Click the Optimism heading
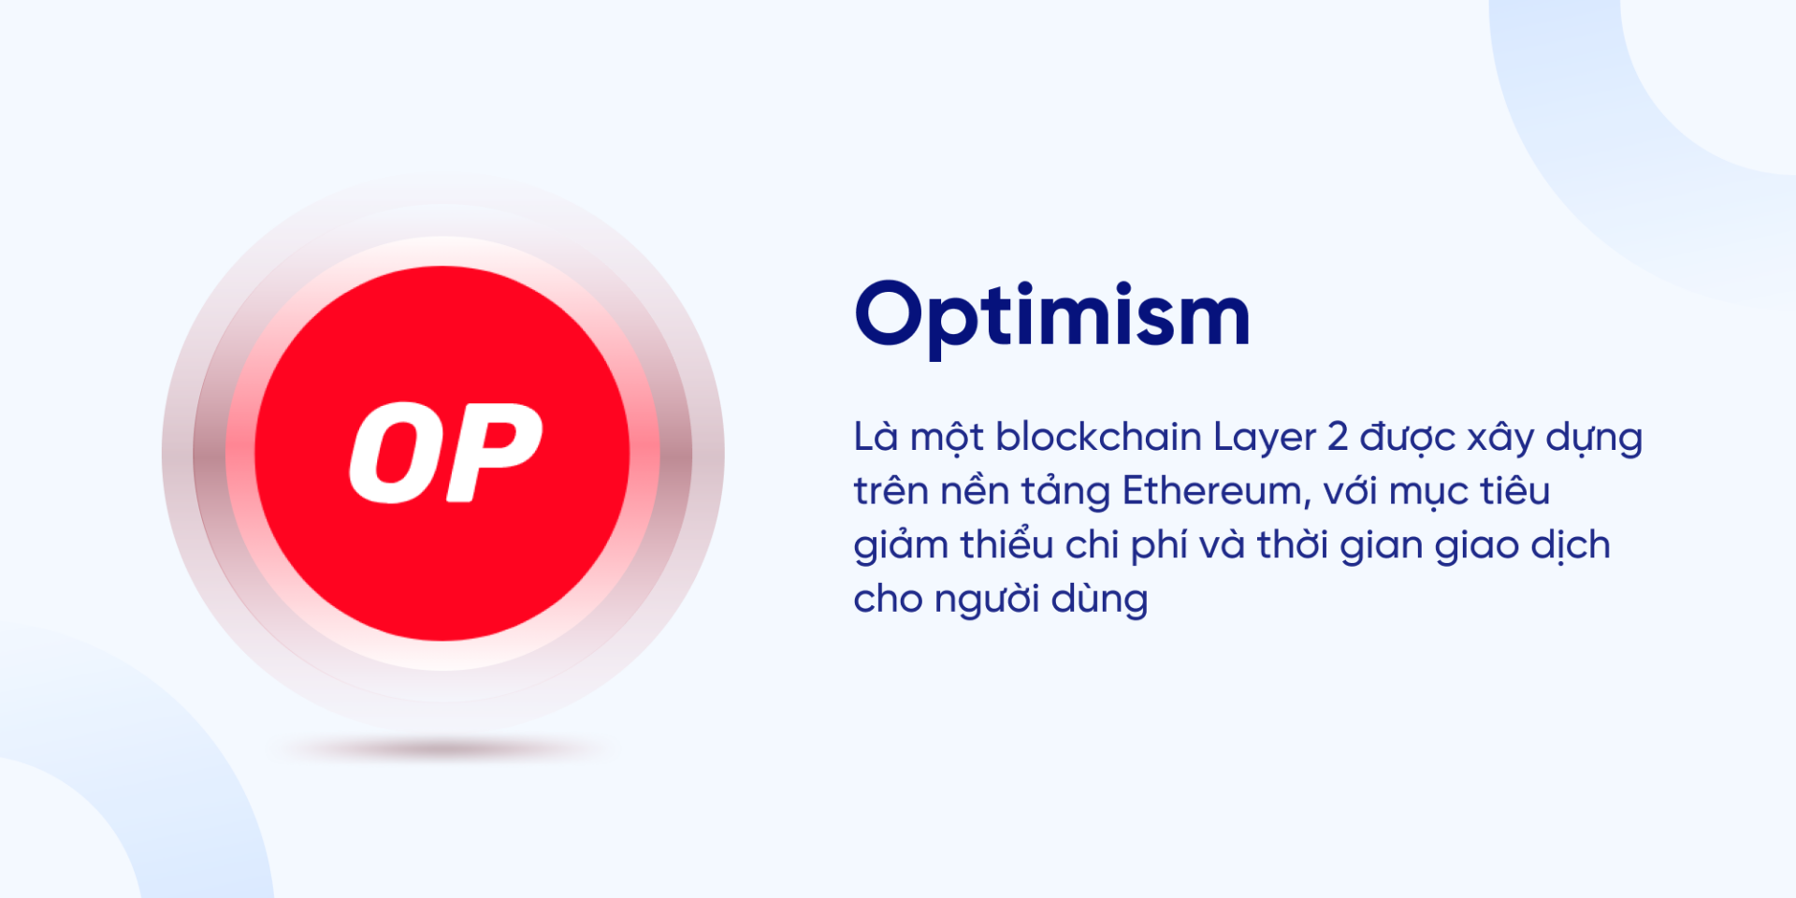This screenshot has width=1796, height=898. (x=1052, y=316)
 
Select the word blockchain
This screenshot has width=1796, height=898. (x=1098, y=437)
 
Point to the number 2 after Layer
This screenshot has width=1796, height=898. (x=1338, y=437)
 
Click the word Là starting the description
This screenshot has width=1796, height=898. (x=876, y=437)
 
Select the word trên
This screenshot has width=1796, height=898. (x=888, y=491)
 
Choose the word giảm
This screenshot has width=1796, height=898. (x=901, y=546)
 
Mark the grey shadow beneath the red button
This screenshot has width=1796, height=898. (x=443, y=747)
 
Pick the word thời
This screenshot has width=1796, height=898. (x=1292, y=545)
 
